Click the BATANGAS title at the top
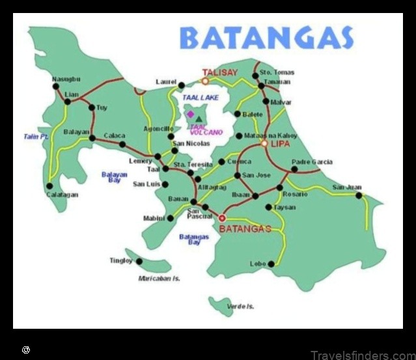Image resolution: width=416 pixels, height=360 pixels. (266, 38)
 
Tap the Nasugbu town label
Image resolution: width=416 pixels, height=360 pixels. (66, 79)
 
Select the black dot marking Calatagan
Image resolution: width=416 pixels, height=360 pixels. (50, 186)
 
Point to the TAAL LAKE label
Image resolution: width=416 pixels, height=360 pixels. (197, 97)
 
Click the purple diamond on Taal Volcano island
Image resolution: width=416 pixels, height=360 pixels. (190, 113)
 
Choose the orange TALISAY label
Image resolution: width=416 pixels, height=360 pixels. (220, 73)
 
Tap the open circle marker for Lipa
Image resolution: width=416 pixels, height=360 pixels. (264, 143)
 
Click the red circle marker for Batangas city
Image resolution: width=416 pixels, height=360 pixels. (222, 218)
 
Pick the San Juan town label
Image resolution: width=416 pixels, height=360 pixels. (346, 187)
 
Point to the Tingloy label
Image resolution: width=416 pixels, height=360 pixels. (121, 260)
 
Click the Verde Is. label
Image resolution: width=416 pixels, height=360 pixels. (240, 306)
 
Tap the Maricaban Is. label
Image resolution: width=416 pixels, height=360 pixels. (159, 279)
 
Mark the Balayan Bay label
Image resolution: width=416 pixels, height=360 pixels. (111, 176)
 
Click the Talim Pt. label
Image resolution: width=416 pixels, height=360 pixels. (36, 137)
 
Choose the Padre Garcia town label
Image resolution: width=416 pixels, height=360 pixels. (312, 161)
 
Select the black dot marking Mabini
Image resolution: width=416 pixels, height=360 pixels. (171, 218)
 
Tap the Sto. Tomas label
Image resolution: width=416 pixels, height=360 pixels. (277, 72)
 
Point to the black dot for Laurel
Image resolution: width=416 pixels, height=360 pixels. (182, 85)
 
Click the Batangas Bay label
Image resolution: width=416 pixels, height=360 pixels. (194, 240)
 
